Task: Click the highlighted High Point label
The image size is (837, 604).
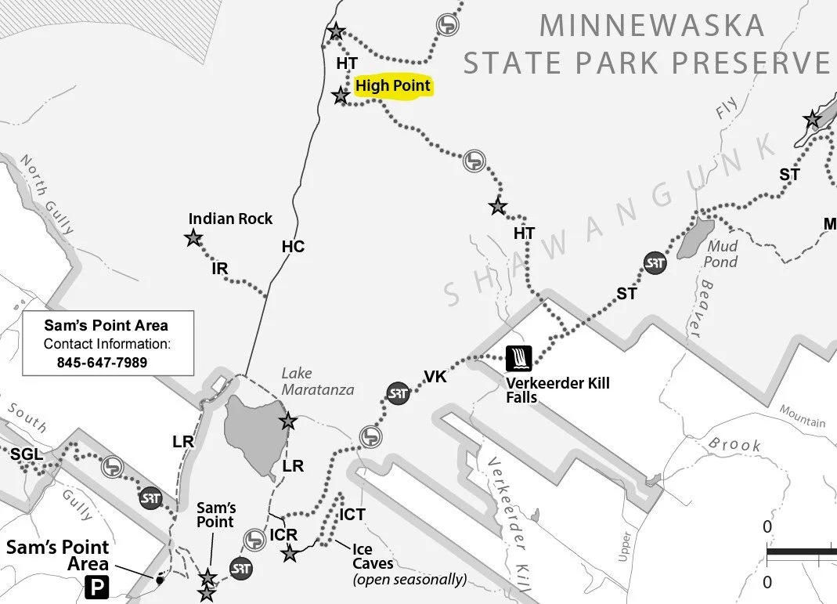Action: tap(393, 86)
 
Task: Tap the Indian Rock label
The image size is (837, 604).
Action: tap(231, 219)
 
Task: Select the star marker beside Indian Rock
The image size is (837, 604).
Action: tap(193, 237)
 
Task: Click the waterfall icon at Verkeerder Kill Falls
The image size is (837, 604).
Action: tap(519, 360)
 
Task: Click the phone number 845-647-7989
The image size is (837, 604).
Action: tap(102, 363)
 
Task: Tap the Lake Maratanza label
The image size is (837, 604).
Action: tap(317, 382)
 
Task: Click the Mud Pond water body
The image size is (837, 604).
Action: tap(695, 239)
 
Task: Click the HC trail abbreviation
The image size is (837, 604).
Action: tap(293, 248)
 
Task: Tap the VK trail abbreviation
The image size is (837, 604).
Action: tap(435, 378)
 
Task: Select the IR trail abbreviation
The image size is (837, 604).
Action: tap(220, 269)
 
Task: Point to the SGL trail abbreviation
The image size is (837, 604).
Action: tap(26, 454)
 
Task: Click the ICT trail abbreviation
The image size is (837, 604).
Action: tap(352, 515)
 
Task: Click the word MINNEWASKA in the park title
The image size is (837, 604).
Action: tap(651, 26)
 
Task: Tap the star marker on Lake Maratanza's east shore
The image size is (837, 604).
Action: tap(288, 421)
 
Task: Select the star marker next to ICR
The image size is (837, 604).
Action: tap(290, 554)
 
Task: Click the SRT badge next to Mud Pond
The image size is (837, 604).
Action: tap(655, 263)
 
